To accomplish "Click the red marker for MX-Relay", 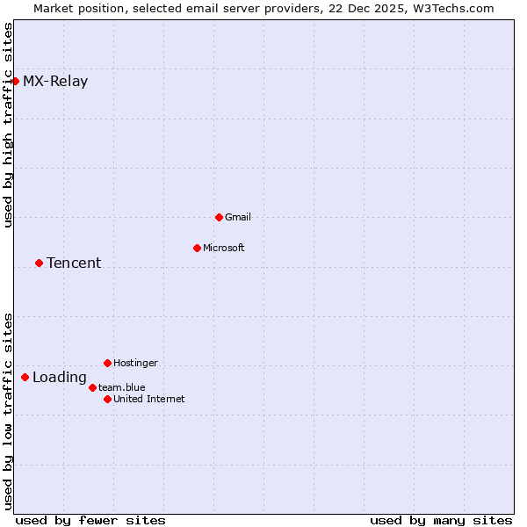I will pyautogui.click(x=15, y=82).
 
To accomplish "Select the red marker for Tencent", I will pyautogui.click(x=39, y=263).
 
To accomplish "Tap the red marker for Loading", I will pyautogui.click(x=25, y=378).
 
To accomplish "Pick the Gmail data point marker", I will pyautogui.click(x=219, y=217).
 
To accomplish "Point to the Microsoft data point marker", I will pyautogui.click(x=197, y=248).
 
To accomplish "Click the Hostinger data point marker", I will pyautogui.click(x=107, y=363).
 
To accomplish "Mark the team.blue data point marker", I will pyautogui.click(x=92, y=387).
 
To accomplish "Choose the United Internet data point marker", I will pyautogui.click(x=107, y=399).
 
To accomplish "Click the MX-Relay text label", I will pyautogui.click(x=55, y=82).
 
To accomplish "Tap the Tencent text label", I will pyautogui.click(x=74, y=263).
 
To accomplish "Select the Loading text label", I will pyautogui.click(x=60, y=378).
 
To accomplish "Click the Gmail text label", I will pyautogui.click(x=238, y=217).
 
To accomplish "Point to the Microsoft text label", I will pyautogui.click(x=224, y=248).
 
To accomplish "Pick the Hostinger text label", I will pyautogui.click(x=136, y=363).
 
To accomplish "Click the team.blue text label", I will pyautogui.click(x=122, y=387).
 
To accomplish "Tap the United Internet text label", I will pyautogui.click(x=149, y=399).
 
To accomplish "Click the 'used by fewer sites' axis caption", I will pyautogui.click(x=90, y=520).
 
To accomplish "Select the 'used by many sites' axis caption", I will pyautogui.click(x=441, y=520).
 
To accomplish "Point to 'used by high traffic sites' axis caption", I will pyautogui.click(x=8, y=124).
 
